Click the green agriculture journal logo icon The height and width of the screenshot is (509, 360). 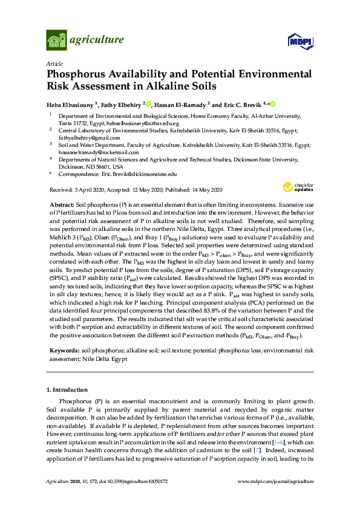click(x=56, y=41)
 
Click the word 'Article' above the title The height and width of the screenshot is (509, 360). click(x=55, y=62)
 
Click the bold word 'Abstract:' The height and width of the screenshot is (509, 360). click(x=62, y=204)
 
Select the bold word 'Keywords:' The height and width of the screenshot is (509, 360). click(x=64, y=351)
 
